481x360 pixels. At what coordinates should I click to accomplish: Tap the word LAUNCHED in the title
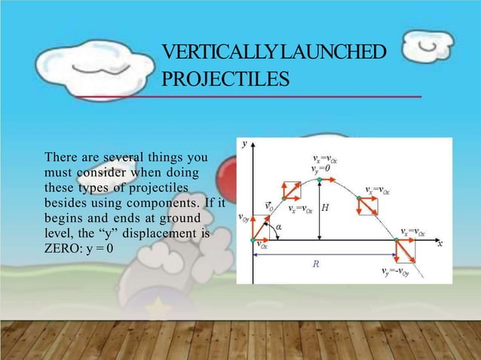click(x=332, y=53)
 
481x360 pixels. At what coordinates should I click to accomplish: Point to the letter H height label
click(x=325, y=207)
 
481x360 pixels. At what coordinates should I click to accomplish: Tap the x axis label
click(x=440, y=243)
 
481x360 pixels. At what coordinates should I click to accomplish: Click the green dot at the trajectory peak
click(x=320, y=181)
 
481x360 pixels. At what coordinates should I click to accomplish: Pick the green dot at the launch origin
click(x=254, y=240)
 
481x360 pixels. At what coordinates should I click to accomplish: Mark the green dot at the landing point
click(x=396, y=241)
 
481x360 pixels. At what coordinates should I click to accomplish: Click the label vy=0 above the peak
click(x=319, y=169)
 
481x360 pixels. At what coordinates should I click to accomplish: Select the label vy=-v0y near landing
click(x=398, y=273)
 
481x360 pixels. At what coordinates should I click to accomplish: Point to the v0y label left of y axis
click(x=244, y=218)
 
